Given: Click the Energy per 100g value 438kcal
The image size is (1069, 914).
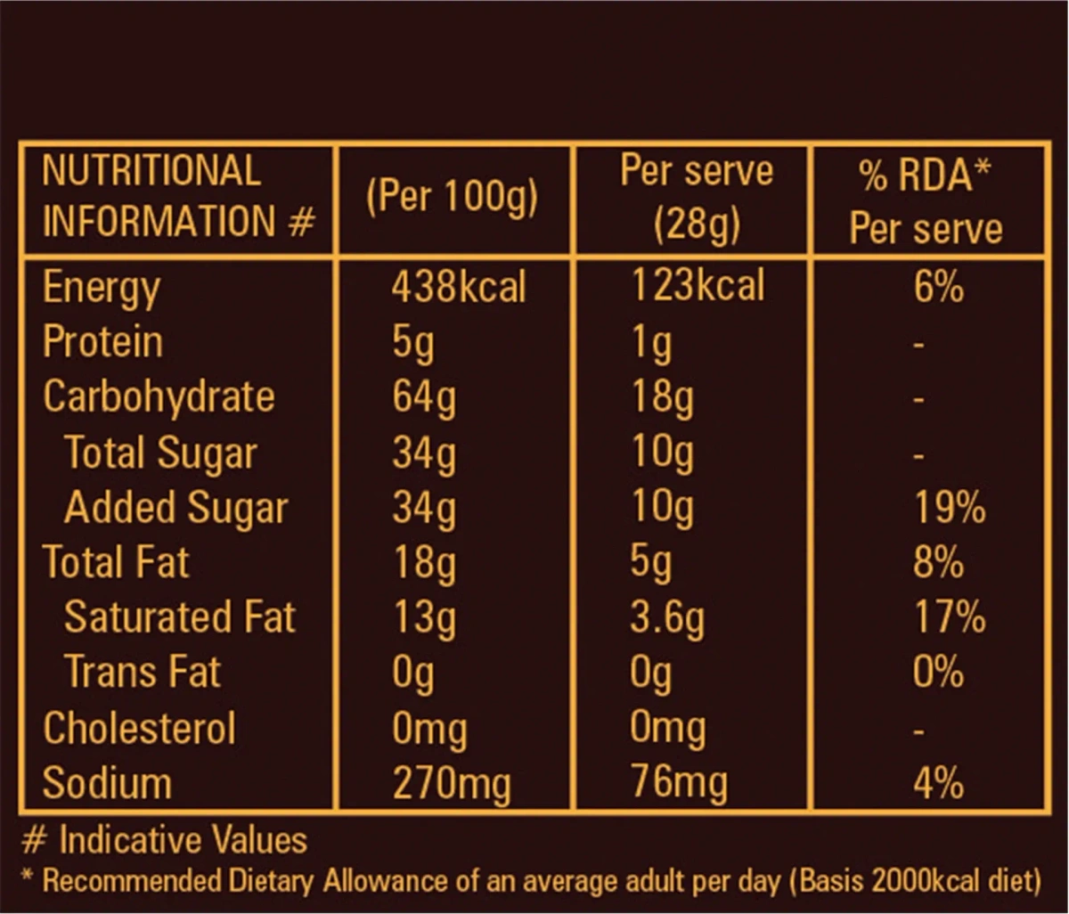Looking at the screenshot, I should pyautogui.click(x=459, y=288).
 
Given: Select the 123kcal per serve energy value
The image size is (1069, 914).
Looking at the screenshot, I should pyautogui.click(x=698, y=286).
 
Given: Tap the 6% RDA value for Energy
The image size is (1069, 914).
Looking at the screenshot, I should pyautogui.click(x=938, y=288).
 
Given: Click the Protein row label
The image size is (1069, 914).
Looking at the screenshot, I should pyautogui.click(x=102, y=342).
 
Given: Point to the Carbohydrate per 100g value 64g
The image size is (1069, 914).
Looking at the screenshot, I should pyautogui.click(x=423, y=397).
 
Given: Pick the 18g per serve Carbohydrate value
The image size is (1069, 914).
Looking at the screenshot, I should pyautogui.click(x=661, y=397).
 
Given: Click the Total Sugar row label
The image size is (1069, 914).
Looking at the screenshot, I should pyautogui.click(x=160, y=453).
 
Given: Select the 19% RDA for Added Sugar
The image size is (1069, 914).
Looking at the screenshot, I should pyautogui.click(x=950, y=509).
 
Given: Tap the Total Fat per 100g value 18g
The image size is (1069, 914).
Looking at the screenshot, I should pyautogui.click(x=423, y=563).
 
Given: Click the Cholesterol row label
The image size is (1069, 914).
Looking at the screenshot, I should pyautogui.click(x=139, y=728).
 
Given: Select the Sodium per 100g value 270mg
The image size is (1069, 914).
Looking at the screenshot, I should pyautogui.click(x=452, y=784).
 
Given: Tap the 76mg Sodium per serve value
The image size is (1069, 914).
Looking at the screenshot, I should pyautogui.click(x=678, y=784).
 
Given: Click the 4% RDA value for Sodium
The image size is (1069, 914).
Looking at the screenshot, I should pyautogui.click(x=938, y=784).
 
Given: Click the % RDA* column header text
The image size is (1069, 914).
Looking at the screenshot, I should pyautogui.click(x=926, y=176).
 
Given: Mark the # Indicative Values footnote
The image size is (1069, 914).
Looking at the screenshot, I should pyautogui.click(x=164, y=840).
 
